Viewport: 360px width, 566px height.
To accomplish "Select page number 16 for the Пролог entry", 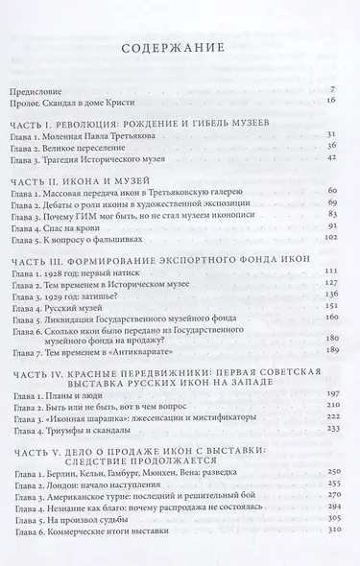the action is (x=329, y=99).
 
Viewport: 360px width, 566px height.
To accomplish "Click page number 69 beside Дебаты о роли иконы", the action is (x=329, y=205).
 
